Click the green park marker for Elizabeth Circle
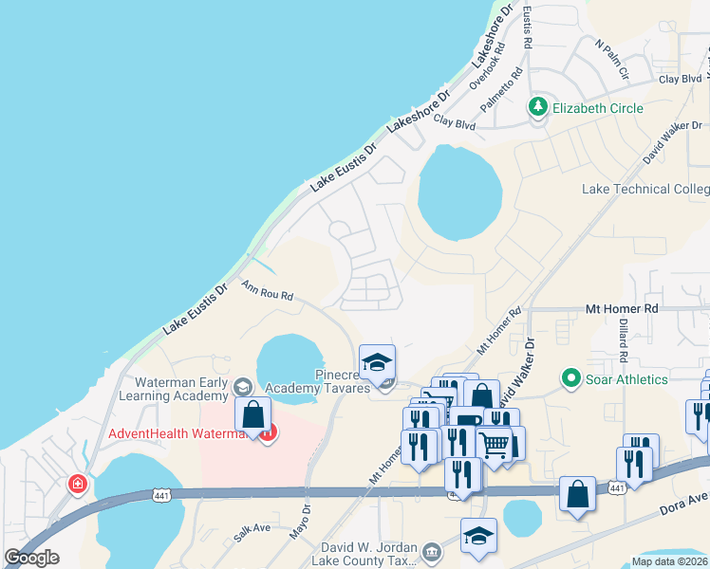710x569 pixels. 539,107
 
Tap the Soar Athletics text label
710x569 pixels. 627,379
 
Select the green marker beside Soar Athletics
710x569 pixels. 570,379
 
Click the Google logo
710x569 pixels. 31,557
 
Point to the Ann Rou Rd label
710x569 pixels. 267,290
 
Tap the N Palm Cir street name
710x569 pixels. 612,58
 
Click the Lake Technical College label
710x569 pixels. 645,189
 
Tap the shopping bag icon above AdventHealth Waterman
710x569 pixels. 253,415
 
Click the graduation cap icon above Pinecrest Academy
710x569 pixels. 377,361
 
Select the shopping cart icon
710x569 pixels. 494,443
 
